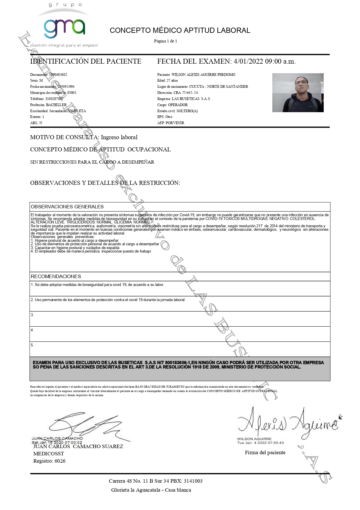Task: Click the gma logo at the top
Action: (x=64, y=28)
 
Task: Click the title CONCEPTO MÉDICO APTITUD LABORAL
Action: (x=180, y=31)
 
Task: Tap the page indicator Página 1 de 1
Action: (x=165, y=41)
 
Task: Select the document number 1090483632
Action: (x=58, y=75)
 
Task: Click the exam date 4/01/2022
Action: (x=248, y=61)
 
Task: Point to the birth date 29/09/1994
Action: (x=66, y=87)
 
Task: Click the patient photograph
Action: (x=298, y=93)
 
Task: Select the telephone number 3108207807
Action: (x=54, y=99)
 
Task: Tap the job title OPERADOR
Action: (x=178, y=105)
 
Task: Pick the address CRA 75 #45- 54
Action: (x=186, y=93)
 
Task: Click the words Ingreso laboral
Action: (x=119, y=137)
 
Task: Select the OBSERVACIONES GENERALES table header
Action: (x=67, y=207)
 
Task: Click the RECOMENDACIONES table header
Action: (x=56, y=276)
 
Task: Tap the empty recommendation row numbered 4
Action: (x=180, y=334)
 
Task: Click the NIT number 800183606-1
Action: (x=178, y=363)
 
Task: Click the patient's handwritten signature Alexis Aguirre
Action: (x=289, y=423)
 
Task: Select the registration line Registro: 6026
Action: (x=49, y=461)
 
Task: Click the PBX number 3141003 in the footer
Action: (x=193, y=481)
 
